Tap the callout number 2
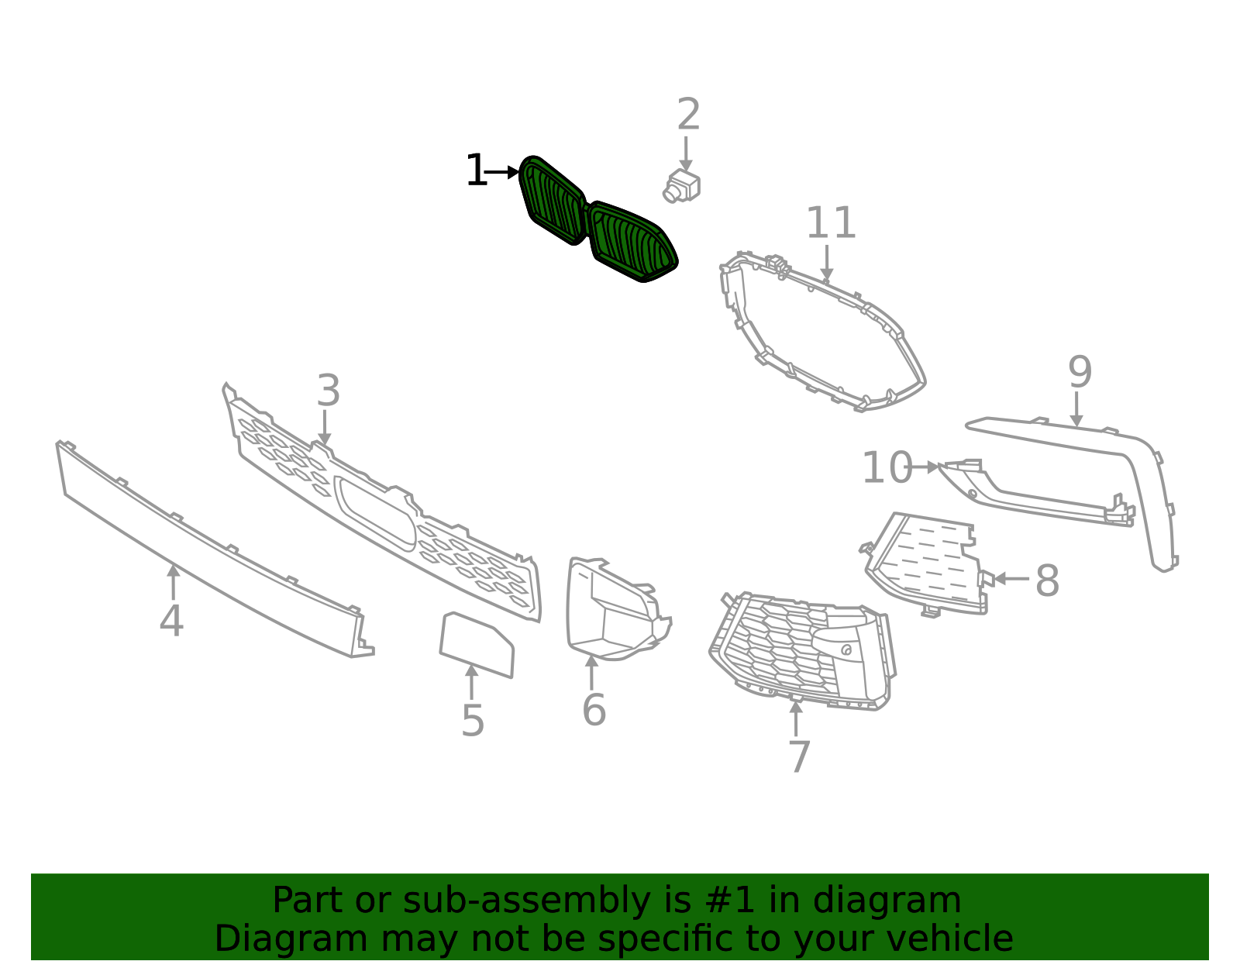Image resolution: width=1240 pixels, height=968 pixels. pyautogui.click(x=688, y=114)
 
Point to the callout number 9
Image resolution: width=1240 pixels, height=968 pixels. pyautogui.click(x=1080, y=372)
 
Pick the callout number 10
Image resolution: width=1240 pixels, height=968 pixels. pyautogui.click(x=887, y=468)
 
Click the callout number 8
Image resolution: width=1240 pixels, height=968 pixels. pyautogui.click(x=1047, y=580)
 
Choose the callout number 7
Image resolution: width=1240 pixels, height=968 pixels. pyautogui.click(x=800, y=756)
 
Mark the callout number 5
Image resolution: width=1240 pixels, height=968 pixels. pyautogui.click(x=473, y=721)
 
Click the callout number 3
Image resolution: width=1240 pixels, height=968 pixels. pyautogui.click(x=329, y=391)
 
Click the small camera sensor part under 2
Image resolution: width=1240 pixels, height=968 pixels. pyautogui.click(x=681, y=186)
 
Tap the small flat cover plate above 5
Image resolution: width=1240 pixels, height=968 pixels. pyautogui.click(x=477, y=644)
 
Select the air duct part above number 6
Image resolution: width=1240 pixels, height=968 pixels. pyautogui.click(x=616, y=608)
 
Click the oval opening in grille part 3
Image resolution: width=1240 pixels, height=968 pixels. pyautogui.click(x=376, y=513)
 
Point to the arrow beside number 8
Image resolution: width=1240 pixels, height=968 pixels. pyautogui.click(x=1011, y=579)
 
